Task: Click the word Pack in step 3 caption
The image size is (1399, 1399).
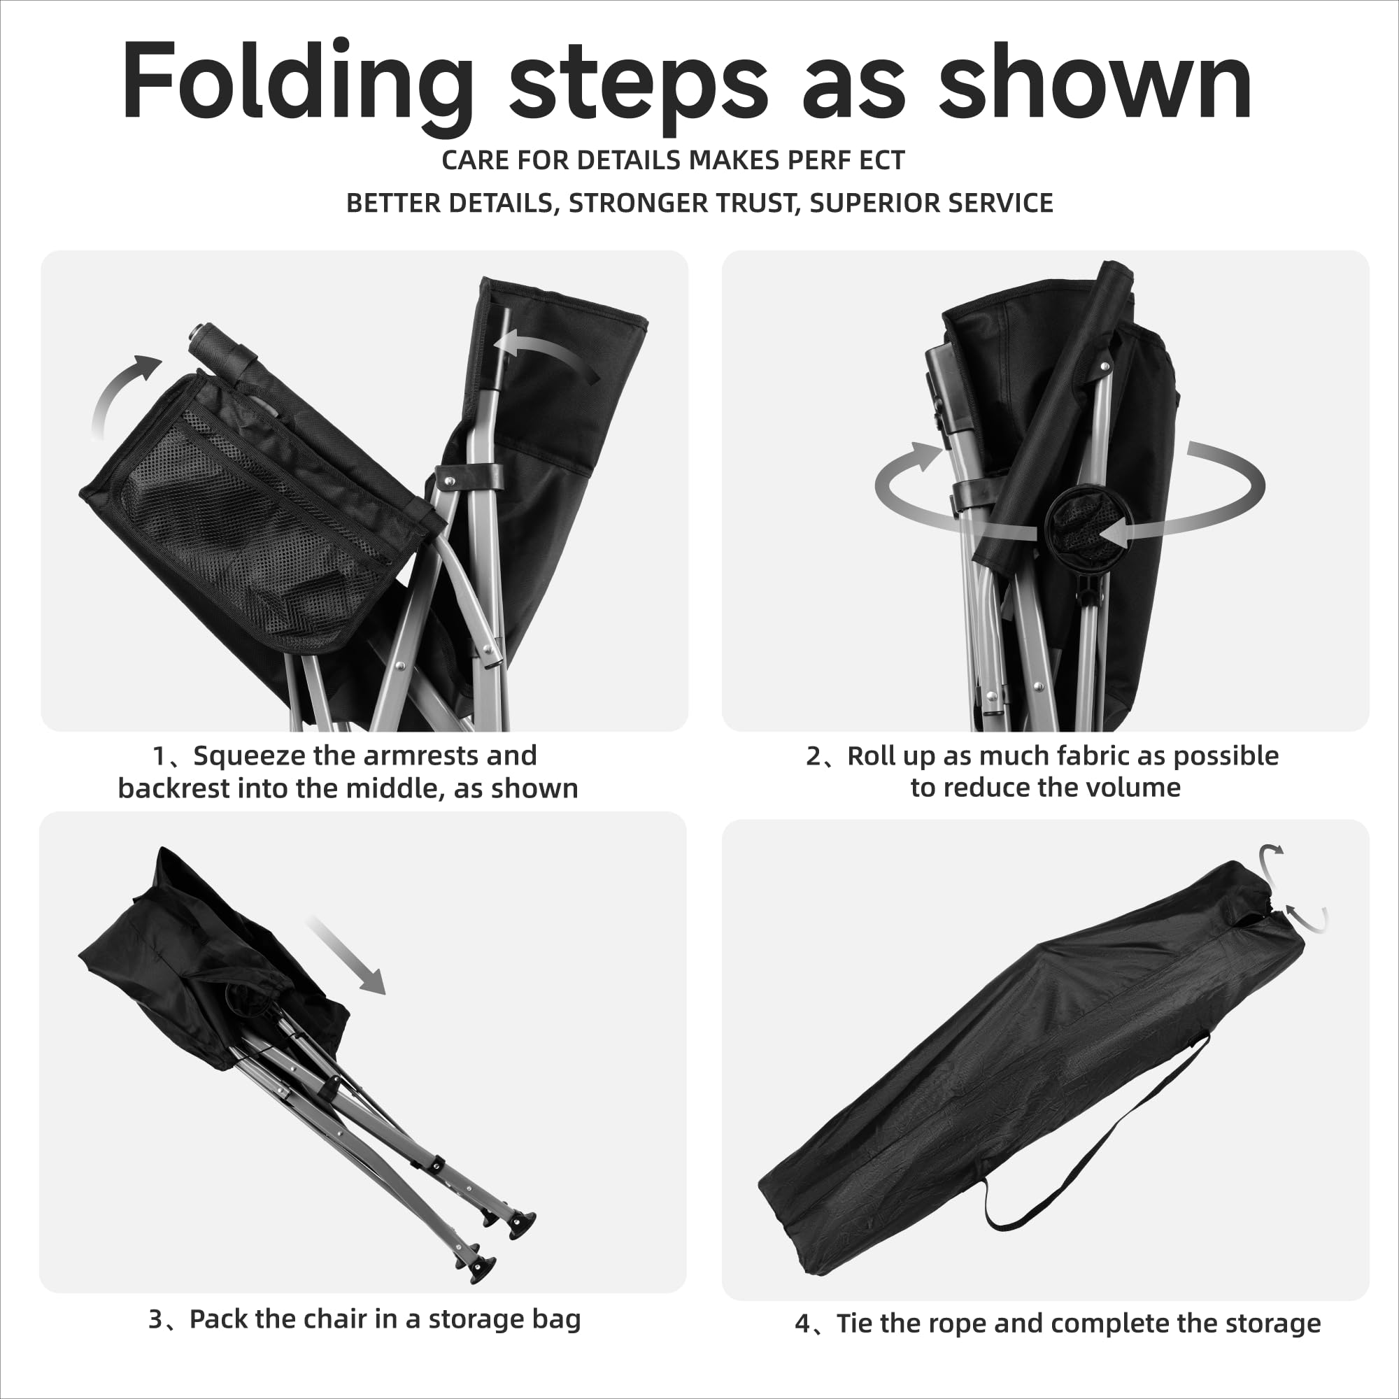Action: [218, 1319]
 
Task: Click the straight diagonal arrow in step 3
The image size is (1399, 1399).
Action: [346, 955]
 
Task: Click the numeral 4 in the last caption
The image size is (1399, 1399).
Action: [802, 1324]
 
